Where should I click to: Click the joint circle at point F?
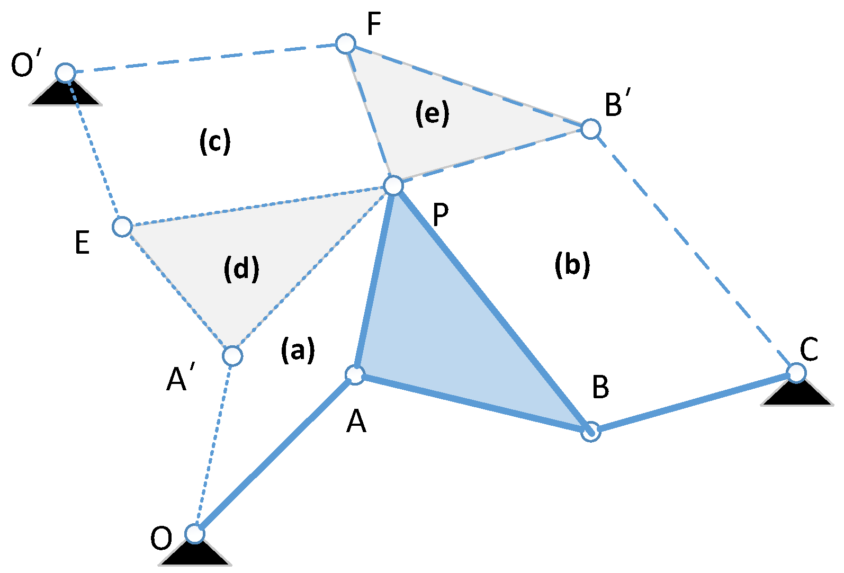[x=346, y=43]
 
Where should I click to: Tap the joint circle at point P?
[x=393, y=186]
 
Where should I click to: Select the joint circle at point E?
[x=122, y=226]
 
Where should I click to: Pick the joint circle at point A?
[x=355, y=374]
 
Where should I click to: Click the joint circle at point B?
[x=591, y=432]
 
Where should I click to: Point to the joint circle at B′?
[x=591, y=129]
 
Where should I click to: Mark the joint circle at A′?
[x=232, y=356]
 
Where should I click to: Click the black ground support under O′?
[x=65, y=94]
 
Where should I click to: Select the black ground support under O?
[x=195, y=554]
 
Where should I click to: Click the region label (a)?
[x=298, y=350]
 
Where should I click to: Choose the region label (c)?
[x=215, y=141]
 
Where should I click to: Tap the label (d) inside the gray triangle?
[x=241, y=269]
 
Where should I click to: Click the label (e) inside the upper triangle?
[x=432, y=113]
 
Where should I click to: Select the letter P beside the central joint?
[x=441, y=215]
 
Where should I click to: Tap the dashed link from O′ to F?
[x=205, y=58]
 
